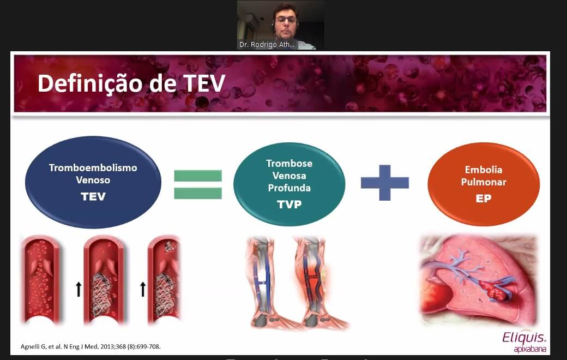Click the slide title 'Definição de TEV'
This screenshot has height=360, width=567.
tap(131, 83)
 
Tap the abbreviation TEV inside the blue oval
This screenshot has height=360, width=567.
tap(93, 196)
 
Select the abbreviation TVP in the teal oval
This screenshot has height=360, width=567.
tap(289, 205)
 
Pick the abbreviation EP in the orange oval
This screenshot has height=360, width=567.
tap(484, 198)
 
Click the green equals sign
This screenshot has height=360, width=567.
tap(198, 184)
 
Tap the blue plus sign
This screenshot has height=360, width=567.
tap(385, 183)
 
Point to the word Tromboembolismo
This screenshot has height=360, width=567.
tap(93, 168)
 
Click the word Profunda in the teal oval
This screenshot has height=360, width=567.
tap(289, 188)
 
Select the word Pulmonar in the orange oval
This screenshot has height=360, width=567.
tap(484, 182)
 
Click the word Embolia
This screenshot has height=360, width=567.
tap(484, 170)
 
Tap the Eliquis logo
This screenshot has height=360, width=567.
tap(524, 337)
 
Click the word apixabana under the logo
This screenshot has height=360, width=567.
tap(530, 349)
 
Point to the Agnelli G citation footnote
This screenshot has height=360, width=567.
tap(91, 346)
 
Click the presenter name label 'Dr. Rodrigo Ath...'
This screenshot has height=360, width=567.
tap(267, 45)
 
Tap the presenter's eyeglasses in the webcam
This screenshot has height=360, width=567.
tap(286, 20)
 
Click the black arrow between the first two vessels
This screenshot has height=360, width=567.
tap(79, 290)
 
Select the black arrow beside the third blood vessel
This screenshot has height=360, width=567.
tap(143, 290)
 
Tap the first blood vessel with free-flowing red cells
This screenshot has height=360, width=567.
tap(41, 279)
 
